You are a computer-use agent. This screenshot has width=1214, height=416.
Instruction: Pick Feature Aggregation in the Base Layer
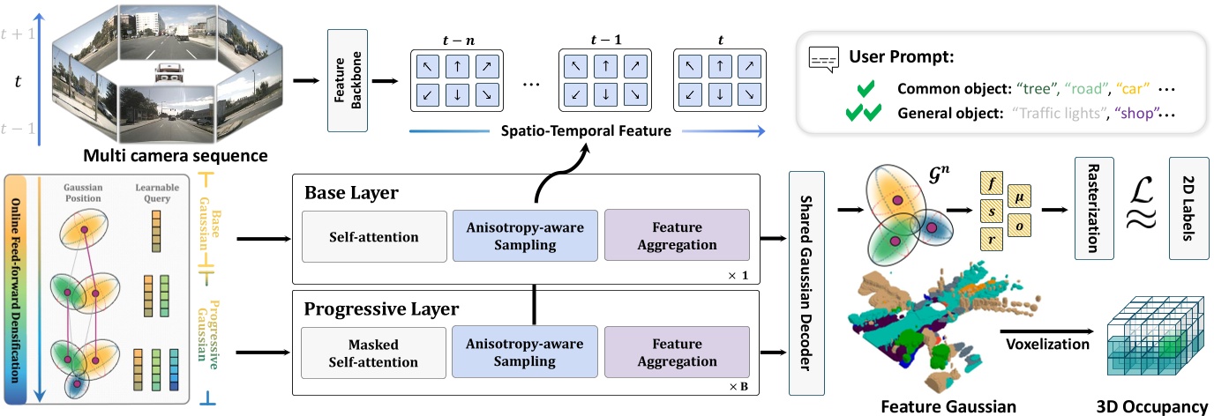pos(676,235)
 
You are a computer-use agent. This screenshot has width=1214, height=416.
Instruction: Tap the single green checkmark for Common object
pos(865,89)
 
